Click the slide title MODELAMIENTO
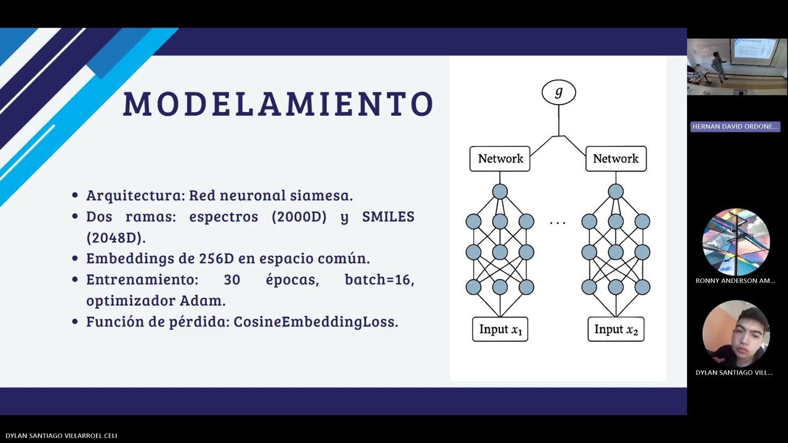click(x=278, y=103)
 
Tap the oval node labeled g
click(x=558, y=92)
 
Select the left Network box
click(x=500, y=159)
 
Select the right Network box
click(x=616, y=159)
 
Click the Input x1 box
click(x=500, y=329)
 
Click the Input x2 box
click(x=616, y=329)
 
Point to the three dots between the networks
click(x=558, y=222)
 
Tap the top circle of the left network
click(x=500, y=192)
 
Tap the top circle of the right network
click(x=616, y=192)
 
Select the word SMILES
click(x=388, y=217)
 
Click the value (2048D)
click(x=116, y=237)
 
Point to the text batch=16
click(x=379, y=280)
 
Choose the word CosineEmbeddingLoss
click(x=315, y=322)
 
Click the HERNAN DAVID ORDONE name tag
click(x=735, y=126)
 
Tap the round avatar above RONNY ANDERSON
click(x=736, y=242)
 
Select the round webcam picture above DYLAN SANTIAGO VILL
click(x=736, y=334)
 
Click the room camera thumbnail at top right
click(x=736, y=66)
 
